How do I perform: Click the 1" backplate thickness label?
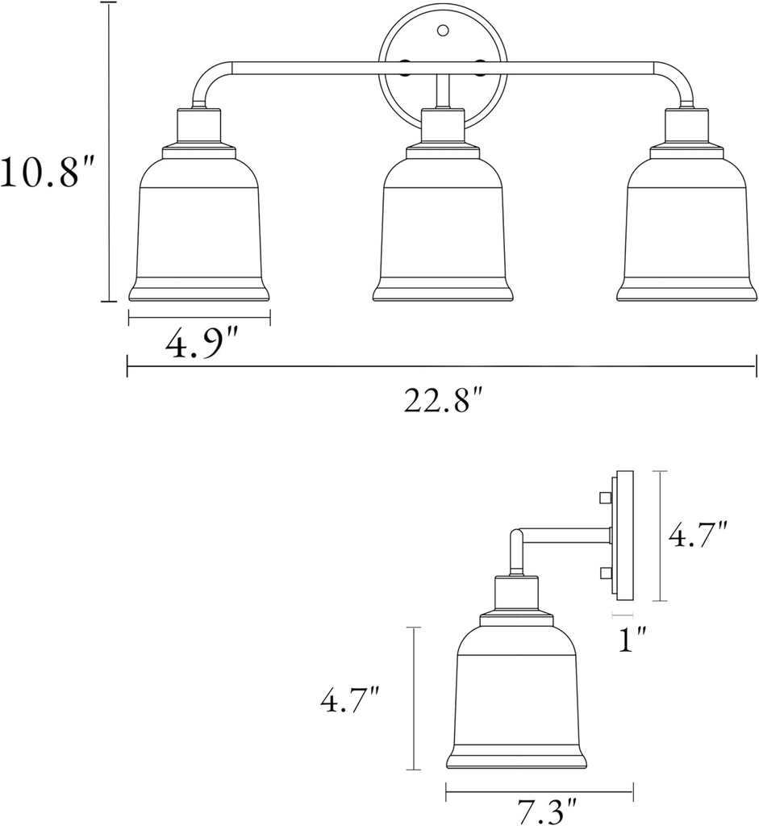[x=630, y=641]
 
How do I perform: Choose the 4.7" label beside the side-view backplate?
[x=699, y=536]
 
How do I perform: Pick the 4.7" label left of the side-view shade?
[x=350, y=701]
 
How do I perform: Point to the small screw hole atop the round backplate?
[x=442, y=31]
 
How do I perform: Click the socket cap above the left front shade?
[x=198, y=127]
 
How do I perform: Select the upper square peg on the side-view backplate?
[x=603, y=499]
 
